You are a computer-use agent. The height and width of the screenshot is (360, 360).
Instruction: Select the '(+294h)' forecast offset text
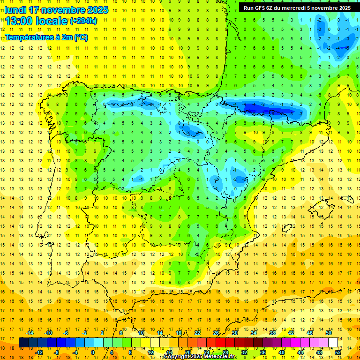83,21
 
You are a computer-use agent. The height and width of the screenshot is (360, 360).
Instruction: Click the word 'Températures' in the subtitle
30,37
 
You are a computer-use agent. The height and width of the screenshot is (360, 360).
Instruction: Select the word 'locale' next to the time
52,21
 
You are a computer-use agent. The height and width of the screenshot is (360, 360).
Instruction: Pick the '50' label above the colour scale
329,332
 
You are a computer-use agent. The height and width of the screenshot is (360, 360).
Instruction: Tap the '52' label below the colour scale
337,352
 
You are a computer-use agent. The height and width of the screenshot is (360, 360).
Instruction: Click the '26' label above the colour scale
216,332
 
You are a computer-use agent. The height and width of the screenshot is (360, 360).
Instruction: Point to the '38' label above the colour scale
272,332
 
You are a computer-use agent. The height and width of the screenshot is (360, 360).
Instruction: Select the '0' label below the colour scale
93,352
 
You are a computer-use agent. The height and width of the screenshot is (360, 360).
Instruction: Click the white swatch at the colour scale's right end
333,342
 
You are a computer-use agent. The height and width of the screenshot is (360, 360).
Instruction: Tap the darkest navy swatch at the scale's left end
23,342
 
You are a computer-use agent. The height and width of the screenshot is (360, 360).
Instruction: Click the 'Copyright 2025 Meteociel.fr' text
200,357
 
